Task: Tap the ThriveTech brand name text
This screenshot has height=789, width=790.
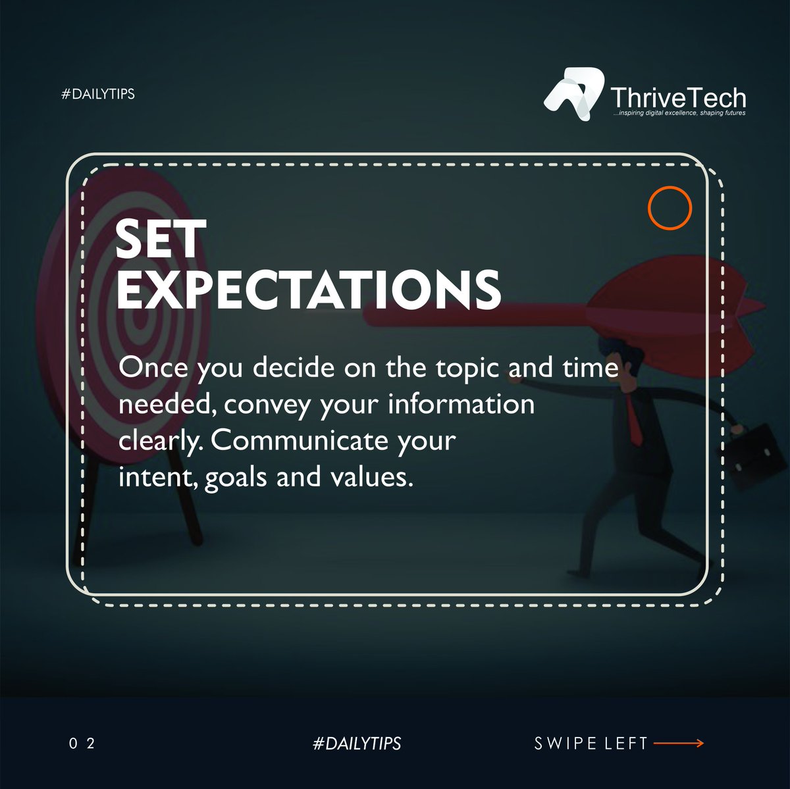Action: (677, 98)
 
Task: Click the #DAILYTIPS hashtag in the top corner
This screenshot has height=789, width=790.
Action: (97, 94)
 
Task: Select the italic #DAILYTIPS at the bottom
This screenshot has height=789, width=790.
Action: (357, 744)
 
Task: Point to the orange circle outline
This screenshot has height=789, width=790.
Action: (669, 208)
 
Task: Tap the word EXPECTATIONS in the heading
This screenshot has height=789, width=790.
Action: (308, 289)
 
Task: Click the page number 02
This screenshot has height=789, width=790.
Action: (82, 744)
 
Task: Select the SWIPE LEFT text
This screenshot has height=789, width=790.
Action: (591, 744)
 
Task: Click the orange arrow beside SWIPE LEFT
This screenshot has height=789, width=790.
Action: (679, 744)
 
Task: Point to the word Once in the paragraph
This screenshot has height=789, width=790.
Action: (152, 368)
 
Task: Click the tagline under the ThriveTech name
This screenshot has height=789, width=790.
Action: (678, 113)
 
